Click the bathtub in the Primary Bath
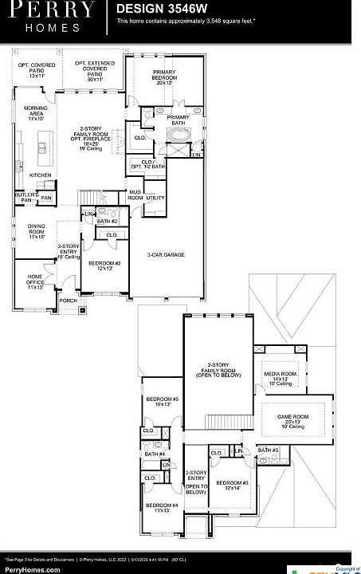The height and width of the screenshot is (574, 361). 177,135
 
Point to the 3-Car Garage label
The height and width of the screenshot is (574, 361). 166,254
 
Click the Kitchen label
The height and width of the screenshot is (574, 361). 41,175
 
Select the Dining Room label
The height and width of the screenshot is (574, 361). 36,231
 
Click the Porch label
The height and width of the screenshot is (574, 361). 68,301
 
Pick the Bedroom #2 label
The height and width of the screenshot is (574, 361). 104,265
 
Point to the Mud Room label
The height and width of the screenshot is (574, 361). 135,196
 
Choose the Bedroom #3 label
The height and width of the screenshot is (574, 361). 233,486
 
